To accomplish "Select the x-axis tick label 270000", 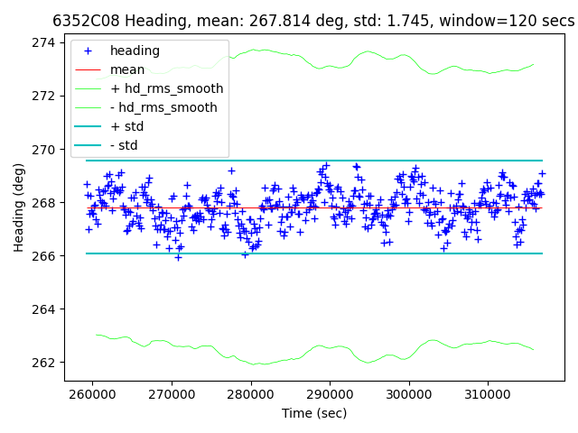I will pos(172,394).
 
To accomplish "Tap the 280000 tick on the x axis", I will pos(251,394).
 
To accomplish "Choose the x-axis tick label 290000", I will pos(330,394).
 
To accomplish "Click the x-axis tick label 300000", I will pos(409,394).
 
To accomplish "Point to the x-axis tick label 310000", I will pos(488,394).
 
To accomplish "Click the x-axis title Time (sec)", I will pos(314,413).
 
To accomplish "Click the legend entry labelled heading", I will pos(135,51).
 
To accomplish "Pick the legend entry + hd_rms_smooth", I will pos(166,88).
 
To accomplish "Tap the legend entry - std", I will pos(124,145).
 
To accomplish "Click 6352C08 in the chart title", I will pos(87,20).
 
